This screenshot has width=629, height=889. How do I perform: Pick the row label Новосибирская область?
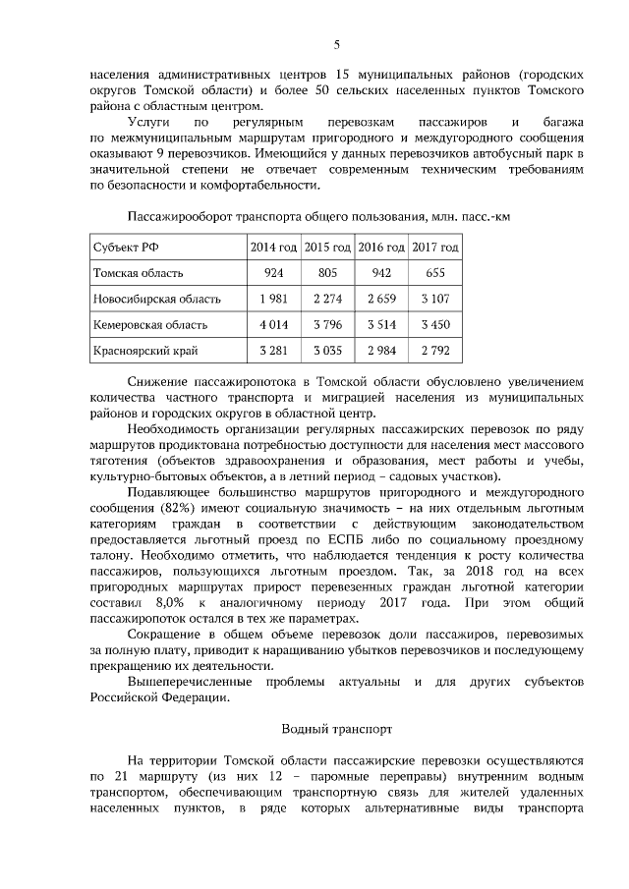[156, 299]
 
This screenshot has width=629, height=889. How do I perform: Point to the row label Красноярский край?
[142, 350]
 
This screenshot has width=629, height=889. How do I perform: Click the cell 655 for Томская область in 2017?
[435, 273]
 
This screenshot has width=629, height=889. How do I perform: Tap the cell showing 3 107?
[435, 299]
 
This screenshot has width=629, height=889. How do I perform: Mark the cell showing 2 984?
[381, 350]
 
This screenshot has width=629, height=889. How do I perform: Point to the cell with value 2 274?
[328, 299]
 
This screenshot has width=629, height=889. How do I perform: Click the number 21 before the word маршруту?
[124, 776]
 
